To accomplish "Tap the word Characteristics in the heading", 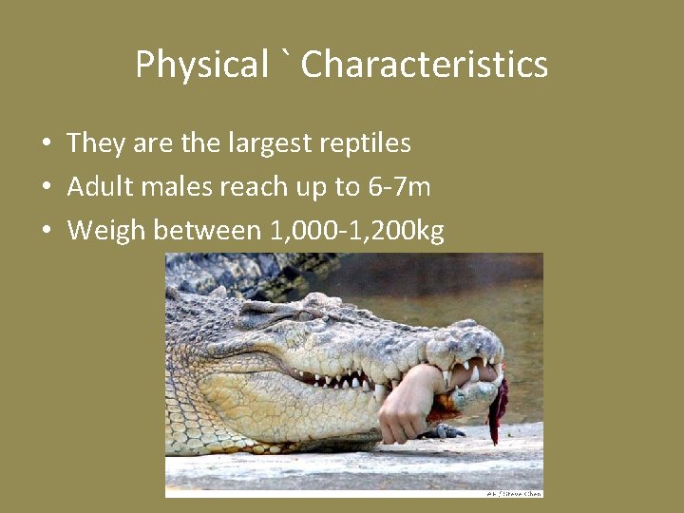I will tap(425, 65).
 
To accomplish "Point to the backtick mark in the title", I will tap(285, 59).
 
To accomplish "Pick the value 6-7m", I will tap(398, 186).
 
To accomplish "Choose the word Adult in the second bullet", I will tap(99, 186).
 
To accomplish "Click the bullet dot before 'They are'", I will tap(46, 144).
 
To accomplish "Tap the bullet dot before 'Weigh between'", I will tap(46, 231).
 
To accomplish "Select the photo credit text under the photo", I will tap(514, 494).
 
